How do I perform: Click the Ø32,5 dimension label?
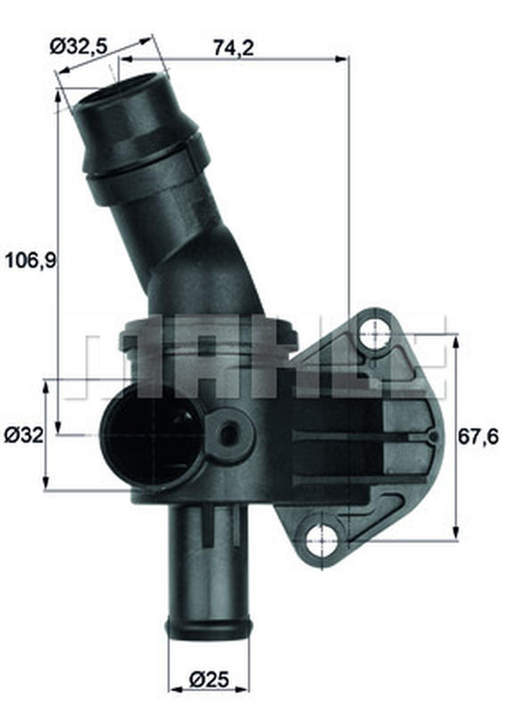coord(79,46)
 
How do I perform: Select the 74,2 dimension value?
coord(234,48)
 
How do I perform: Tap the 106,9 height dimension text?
coord(30,261)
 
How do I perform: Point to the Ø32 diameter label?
coord(24,436)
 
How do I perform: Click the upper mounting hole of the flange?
coord(375,333)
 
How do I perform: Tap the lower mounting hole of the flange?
coord(322,541)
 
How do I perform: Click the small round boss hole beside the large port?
coord(228,435)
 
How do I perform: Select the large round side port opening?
coord(153,436)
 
